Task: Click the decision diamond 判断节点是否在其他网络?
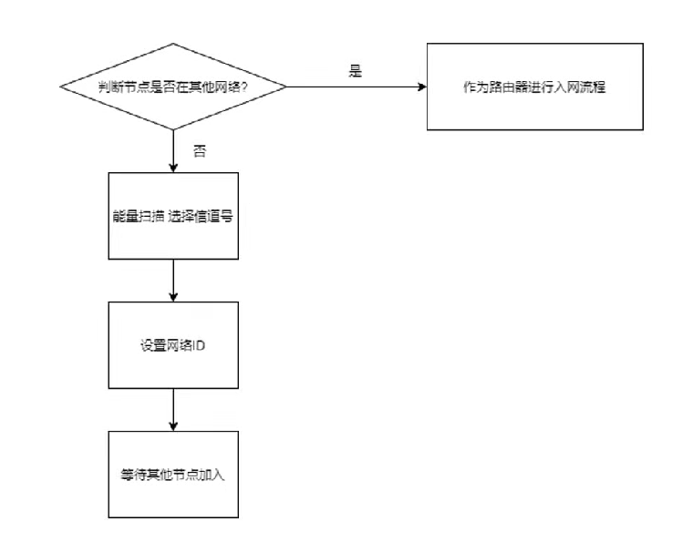[173, 87]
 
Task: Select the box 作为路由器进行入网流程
[535, 87]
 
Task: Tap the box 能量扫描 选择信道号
[173, 216]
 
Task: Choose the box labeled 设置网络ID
[173, 345]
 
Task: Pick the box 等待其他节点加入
[173, 475]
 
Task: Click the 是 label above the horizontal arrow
[356, 71]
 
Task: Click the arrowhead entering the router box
[422, 87]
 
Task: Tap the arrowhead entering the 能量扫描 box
[173, 168]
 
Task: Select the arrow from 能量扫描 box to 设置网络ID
[173, 281]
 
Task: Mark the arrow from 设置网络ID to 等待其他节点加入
[173, 410]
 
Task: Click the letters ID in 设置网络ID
[201, 346]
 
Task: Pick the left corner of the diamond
[61, 87]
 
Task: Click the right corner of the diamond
[285, 87]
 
